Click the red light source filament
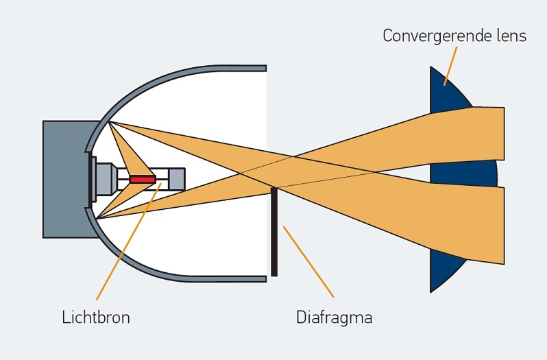click(x=143, y=179)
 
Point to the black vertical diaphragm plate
click(x=274, y=233)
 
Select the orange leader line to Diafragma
click(x=308, y=261)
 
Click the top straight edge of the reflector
click(x=226, y=69)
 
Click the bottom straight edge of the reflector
click(x=226, y=279)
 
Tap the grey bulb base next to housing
click(x=104, y=179)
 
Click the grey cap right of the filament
click(x=175, y=179)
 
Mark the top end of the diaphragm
click(x=274, y=189)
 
